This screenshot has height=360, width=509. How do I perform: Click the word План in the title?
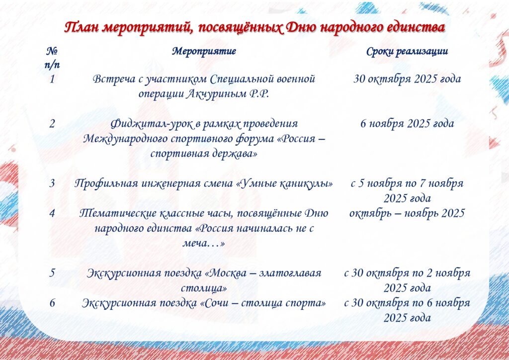pyautogui.click(x=82, y=27)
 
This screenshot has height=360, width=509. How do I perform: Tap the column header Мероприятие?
pyautogui.click(x=204, y=52)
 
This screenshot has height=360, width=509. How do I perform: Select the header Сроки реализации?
pyautogui.click(x=407, y=52)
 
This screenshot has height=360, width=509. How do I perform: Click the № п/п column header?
pyautogui.click(x=52, y=58)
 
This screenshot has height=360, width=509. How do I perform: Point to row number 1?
pyautogui.click(x=52, y=79)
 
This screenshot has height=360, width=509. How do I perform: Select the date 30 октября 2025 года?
pyautogui.click(x=407, y=79)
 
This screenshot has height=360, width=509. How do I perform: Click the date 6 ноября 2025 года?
pyautogui.click(x=407, y=124)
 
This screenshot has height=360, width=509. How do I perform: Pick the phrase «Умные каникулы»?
pyautogui.click(x=284, y=184)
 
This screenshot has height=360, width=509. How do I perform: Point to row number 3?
pyautogui.click(x=52, y=184)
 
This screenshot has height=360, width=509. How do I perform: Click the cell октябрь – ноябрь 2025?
pyautogui.click(x=407, y=214)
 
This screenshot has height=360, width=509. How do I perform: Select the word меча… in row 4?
pyautogui.click(x=203, y=244)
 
